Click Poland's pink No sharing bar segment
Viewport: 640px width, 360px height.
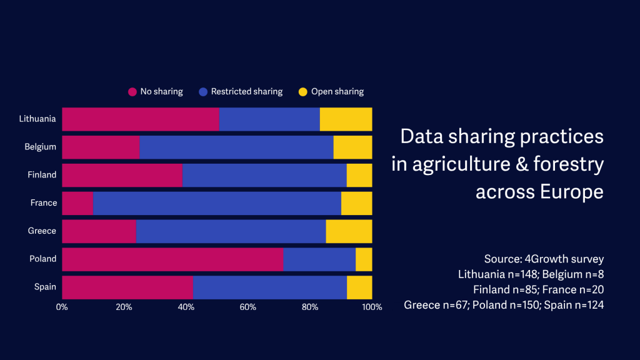click(x=172, y=259)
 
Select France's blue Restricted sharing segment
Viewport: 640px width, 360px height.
click(x=217, y=203)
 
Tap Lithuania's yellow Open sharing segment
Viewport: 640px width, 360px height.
click(x=346, y=119)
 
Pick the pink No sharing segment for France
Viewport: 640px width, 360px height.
click(x=77, y=203)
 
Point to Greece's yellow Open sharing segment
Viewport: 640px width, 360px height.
click(x=349, y=231)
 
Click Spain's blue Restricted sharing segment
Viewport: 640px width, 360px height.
click(x=270, y=287)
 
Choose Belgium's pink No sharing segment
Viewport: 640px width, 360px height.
click(x=101, y=147)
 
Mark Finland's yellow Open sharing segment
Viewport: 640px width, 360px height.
click(x=359, y=175)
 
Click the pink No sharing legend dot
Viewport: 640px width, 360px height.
click(x=132, y=92)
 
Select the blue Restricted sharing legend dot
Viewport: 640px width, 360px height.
click(x=203, y=92)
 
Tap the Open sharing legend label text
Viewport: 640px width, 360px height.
click(x=337, y=92)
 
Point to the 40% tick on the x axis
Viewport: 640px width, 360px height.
click(x=186, y=307)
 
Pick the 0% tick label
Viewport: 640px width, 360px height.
click(x=62, y=307)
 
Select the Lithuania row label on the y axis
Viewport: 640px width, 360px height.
click(x=37, y=119)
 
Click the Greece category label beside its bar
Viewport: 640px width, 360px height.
click(x=42, y=231)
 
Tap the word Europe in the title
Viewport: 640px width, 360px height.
click(x=572, y=191)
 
